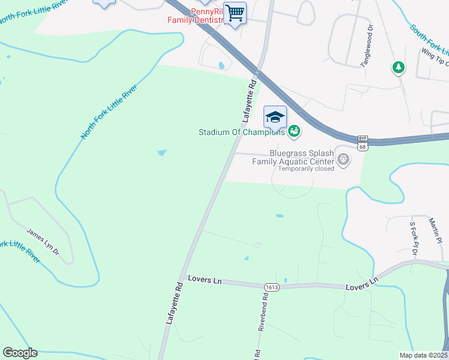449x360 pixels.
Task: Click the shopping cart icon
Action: point(235,13)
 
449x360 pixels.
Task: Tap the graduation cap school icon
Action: point(275,117)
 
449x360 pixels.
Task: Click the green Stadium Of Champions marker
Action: point(294,131)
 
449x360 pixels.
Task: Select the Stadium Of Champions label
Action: point(242,132)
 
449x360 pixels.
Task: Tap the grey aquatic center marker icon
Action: point(343,159)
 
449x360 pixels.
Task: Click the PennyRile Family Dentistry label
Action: point(194,16)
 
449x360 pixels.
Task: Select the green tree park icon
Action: point(398,68)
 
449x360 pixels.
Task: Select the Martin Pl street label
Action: point(435,231)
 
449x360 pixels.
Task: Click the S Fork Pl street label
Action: point(414,239)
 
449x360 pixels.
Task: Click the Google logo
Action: point(20,353)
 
